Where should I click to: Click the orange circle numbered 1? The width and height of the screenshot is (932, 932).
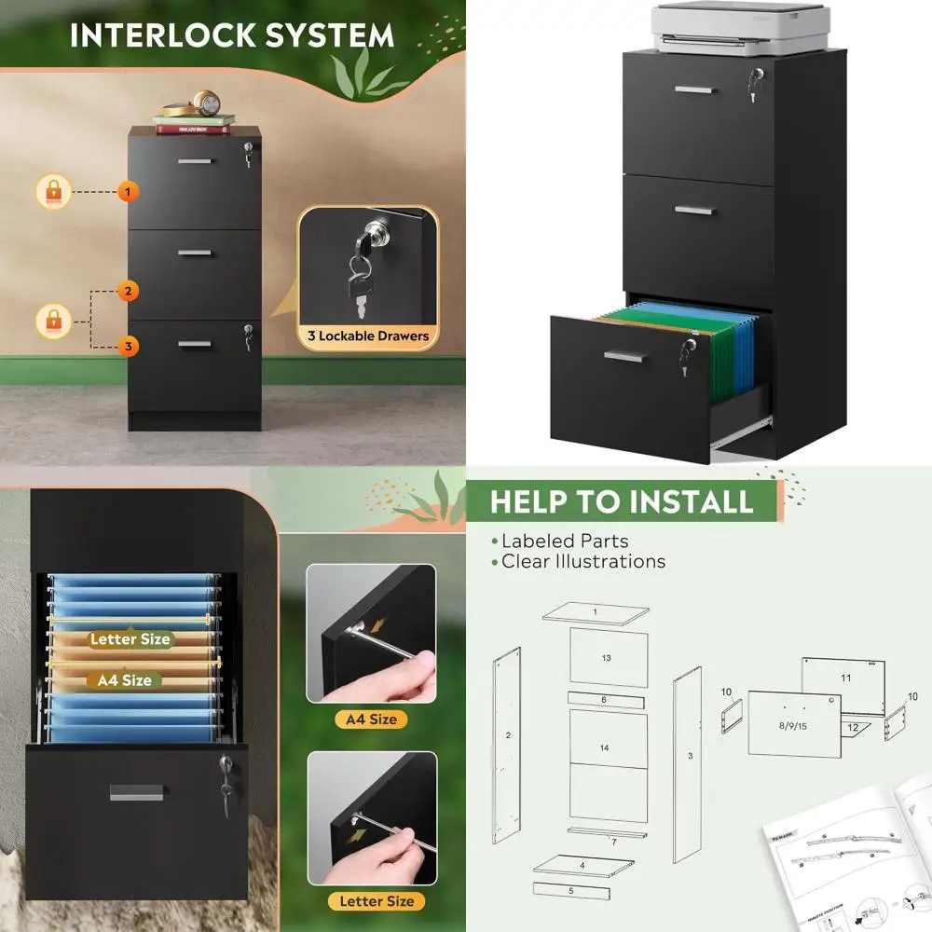pos(129,192)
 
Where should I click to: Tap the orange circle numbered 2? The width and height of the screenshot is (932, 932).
pos(129,291)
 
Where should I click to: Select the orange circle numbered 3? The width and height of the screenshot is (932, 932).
pos(129,347)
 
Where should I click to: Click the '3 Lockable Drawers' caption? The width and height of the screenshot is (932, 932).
pos(368,336)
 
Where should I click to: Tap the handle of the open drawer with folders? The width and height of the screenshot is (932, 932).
pos(625,356)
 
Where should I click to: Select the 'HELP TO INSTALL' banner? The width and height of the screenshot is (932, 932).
pos(622,501)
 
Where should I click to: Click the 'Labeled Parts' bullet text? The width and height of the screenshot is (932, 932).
pos(565,541)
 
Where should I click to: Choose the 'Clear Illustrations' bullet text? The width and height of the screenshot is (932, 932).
pos(583,562)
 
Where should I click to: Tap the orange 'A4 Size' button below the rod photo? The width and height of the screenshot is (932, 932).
pos(371,720)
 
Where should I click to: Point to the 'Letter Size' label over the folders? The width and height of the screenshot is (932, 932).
pos(130,639)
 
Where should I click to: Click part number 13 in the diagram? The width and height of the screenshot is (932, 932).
pos(607,658)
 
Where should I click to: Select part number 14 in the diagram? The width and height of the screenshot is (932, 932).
pos(606,747)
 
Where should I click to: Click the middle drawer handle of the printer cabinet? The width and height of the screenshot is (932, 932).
pos(694,210)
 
